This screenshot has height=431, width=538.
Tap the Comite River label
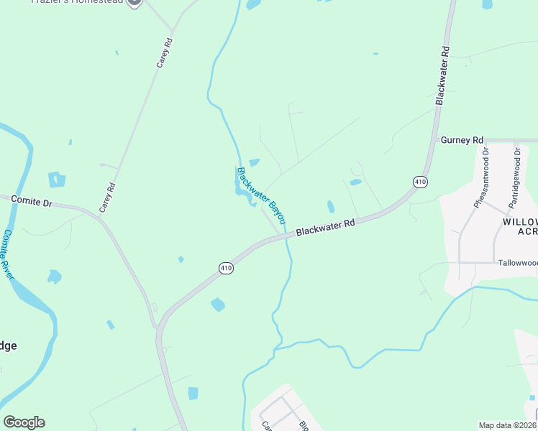click(x=9, y=256)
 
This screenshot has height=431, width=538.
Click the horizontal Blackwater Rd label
click(x=326, y=228)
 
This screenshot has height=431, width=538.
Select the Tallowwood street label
click(x=517, y=263)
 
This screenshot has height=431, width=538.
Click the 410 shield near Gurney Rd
click(x=421, y=182)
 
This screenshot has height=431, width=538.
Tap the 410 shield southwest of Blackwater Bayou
click(x=227, y=268)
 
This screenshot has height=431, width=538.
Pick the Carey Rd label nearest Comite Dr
click(x=107, y=198)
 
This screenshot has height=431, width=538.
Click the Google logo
click(x=24, y=422)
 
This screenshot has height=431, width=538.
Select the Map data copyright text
click(x=508, y=425)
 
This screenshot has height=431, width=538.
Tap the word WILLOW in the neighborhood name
click(x=519, y=221)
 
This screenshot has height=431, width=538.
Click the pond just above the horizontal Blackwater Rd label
click(x=331, y=207)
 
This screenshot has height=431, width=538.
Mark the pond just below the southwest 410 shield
click(x=218, y=305)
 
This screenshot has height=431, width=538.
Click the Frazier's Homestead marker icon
click(x=134, y=2)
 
